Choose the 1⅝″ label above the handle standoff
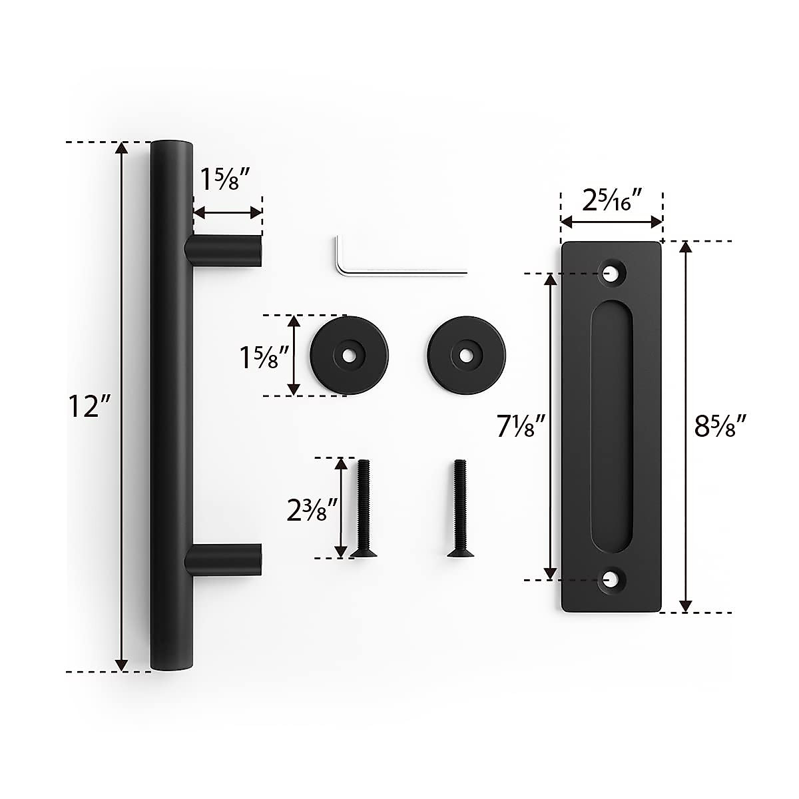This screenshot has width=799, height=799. click(x=226, y=179)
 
